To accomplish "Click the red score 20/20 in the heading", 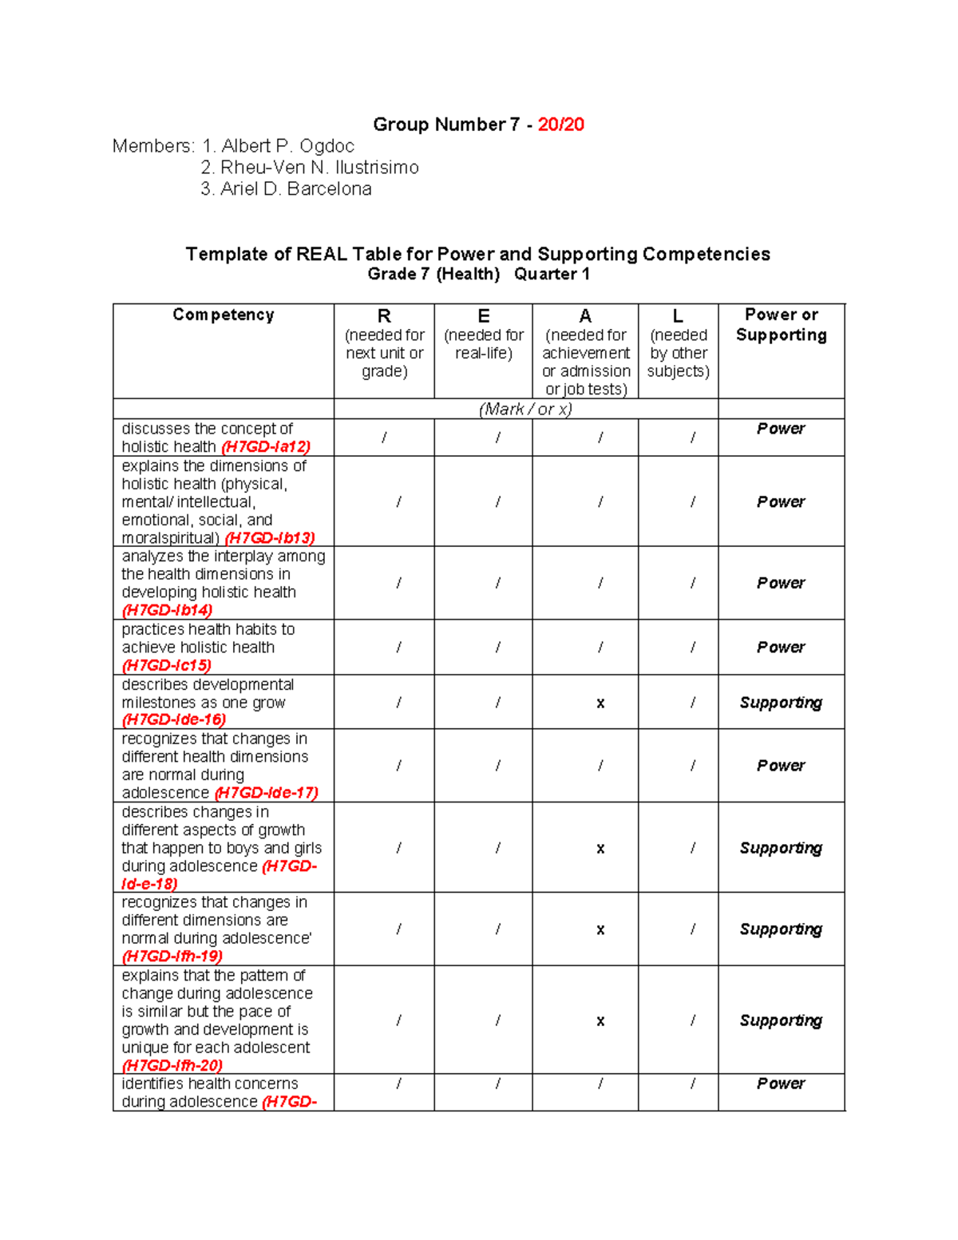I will click(x=560, y=125).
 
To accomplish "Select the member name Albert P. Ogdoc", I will click(x=287, y=146).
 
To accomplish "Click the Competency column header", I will click(x=223, y=315).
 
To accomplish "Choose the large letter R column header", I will click(x=384, y=317).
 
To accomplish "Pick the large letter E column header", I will click(x=484, y=317).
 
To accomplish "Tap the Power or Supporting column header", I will click(x=781, y=325).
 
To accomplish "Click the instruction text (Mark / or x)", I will click(x=525, y=410).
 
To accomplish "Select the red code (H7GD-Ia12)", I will click(x=266, y=447).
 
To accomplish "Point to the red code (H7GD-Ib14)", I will click(x=167, y=611).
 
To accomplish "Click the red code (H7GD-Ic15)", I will click(x=166, y=666).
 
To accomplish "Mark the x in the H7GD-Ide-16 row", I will click(x=600, y=703).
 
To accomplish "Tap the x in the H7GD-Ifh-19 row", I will click(x=600, y=930).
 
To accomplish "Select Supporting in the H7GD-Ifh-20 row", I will click(x=781, y=1020).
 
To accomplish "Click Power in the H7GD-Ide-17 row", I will click(x=781, y=766).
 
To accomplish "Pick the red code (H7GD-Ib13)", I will click(x=270, y=538).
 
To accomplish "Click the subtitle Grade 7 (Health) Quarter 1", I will click(x=478, y=275).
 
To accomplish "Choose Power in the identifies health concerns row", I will click(x=781, y=1084).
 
